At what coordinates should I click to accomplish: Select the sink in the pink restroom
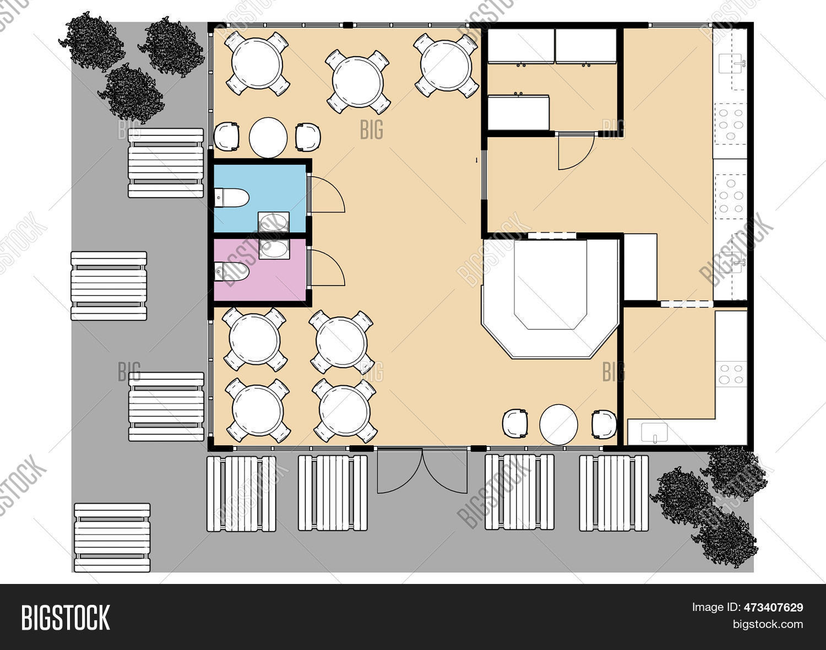274,249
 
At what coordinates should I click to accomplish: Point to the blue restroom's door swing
327,196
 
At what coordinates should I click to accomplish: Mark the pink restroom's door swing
327,268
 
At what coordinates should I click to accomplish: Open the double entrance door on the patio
422,472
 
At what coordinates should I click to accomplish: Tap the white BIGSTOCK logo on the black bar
66,617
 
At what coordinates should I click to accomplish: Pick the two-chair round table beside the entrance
558,424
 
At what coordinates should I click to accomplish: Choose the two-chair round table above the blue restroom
268,137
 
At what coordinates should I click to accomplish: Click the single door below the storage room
576,151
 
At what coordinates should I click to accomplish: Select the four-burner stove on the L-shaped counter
731,373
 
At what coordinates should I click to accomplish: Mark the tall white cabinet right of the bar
640,267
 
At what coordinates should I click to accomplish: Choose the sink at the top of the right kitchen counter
731,65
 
